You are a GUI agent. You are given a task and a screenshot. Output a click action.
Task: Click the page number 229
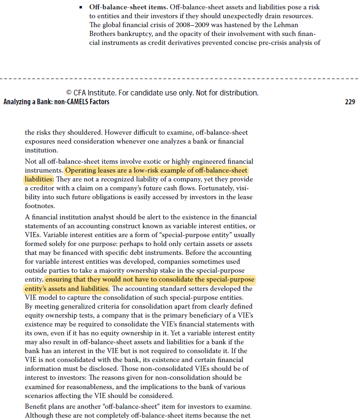pyautogui.click(x=349, y=102)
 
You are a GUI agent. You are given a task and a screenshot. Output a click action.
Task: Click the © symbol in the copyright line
pyautogui.click(x=69, y=93)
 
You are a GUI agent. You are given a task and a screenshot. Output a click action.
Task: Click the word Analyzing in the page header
pyautogui.click(x=18, y=102)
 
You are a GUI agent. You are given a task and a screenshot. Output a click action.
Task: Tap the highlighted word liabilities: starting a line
pyautogui.click(x=39, y=179)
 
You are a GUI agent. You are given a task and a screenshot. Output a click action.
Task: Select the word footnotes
pyautogui.click(x=40, y=206)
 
